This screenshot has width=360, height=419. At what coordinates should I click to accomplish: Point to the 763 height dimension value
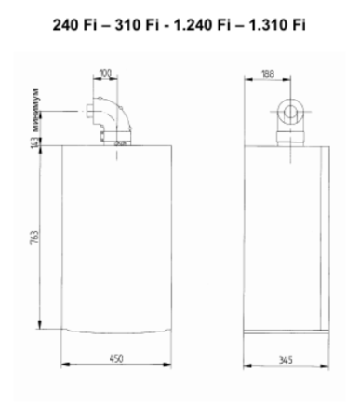33,239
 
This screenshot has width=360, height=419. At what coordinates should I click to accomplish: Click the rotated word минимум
33,106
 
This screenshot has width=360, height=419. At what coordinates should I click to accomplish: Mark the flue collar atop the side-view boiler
289,138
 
